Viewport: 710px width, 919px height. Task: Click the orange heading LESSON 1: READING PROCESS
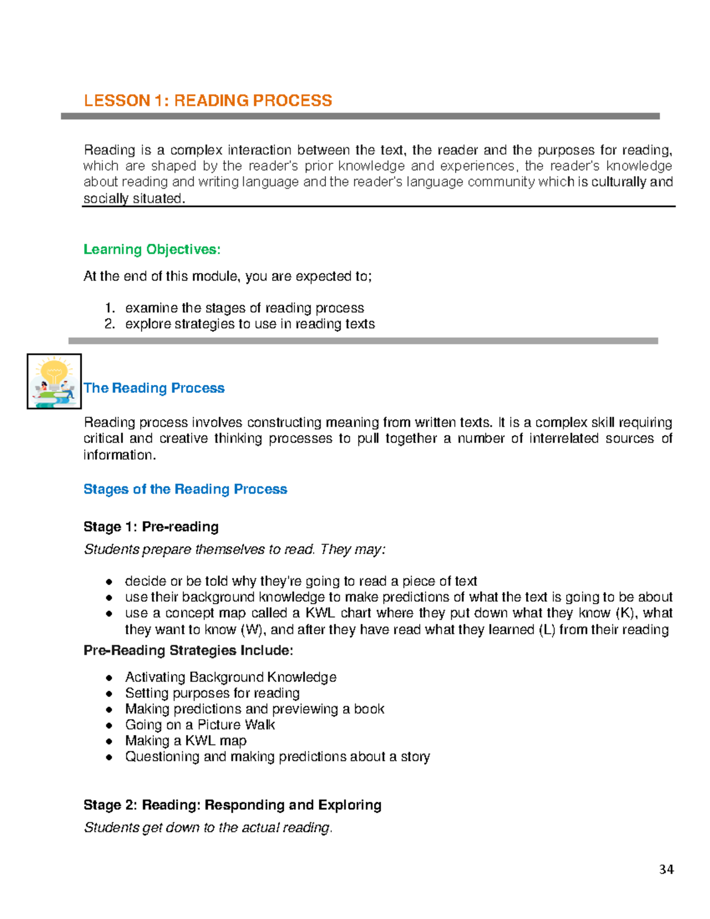click(x=208, y=101)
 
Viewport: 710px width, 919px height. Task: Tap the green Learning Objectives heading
click(x=152, y=250)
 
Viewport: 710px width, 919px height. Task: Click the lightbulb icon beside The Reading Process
click(x=54, y=381)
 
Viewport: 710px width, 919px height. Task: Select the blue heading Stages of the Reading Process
click(x=185, y=489)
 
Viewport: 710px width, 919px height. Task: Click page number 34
click(x=666, y=869)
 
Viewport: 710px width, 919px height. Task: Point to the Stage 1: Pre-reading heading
click(x=151, y=527)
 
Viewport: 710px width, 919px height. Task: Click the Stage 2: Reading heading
click(x=232, y=805)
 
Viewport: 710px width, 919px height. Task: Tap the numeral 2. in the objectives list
click(x=109, y=324)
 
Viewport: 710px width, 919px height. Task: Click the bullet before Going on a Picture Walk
click(x=109, y=725)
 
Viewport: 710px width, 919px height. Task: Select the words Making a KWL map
click(x=186, y=741)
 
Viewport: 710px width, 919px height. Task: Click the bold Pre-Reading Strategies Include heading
click(x=188, y=650)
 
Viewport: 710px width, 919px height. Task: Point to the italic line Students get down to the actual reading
click(x=208, y=827)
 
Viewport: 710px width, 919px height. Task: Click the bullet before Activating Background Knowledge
click(x=109, y=678)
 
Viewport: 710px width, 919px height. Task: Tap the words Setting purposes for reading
click(x=212, y=693)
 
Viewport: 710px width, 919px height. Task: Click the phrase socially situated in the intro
click(x=134, y=199)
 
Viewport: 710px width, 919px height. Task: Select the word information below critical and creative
click(x=120, y=455)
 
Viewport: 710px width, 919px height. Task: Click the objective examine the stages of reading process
click(x=244, y=308)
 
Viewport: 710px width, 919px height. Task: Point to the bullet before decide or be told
click(x=109, y=582)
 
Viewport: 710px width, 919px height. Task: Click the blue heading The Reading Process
click(x=154, y=388)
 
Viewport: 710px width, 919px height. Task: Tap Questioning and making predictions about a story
click(x=277, y=757)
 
